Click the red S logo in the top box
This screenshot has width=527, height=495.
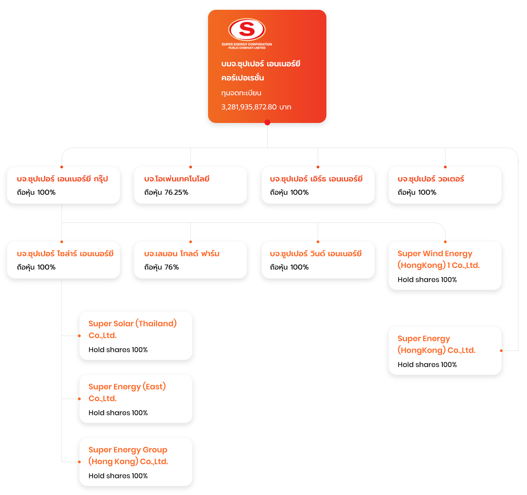[246, 29]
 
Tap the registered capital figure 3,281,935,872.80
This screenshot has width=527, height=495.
[249, 107]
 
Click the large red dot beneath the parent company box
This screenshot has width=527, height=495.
[267, 122]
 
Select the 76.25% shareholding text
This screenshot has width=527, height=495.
[176, 192]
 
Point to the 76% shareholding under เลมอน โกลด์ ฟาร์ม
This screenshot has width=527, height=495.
[171, 267]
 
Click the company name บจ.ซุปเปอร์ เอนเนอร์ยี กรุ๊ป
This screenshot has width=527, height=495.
[62, 179]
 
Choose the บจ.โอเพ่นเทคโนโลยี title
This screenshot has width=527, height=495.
[177, 179]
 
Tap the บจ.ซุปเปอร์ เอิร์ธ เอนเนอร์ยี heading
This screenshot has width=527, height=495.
[316, 179]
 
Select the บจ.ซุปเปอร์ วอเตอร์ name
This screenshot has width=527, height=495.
[431, 179]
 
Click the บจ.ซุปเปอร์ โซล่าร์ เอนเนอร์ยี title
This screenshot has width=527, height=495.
[65, 253]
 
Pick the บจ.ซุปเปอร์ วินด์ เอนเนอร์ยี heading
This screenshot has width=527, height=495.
[315, 253]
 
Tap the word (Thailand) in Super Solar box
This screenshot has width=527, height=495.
[156, 323]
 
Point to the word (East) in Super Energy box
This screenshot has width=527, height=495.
[154, 387]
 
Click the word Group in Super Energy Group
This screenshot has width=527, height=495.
[155, 450]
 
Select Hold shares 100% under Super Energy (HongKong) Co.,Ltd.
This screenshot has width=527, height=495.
[427, 365]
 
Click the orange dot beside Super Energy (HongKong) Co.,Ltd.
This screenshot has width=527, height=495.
[501, 351]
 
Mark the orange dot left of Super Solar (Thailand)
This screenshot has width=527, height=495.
[79, 336]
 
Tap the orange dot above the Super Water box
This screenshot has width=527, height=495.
[445, 167]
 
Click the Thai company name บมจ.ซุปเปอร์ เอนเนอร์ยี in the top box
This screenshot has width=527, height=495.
[261, 64]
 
